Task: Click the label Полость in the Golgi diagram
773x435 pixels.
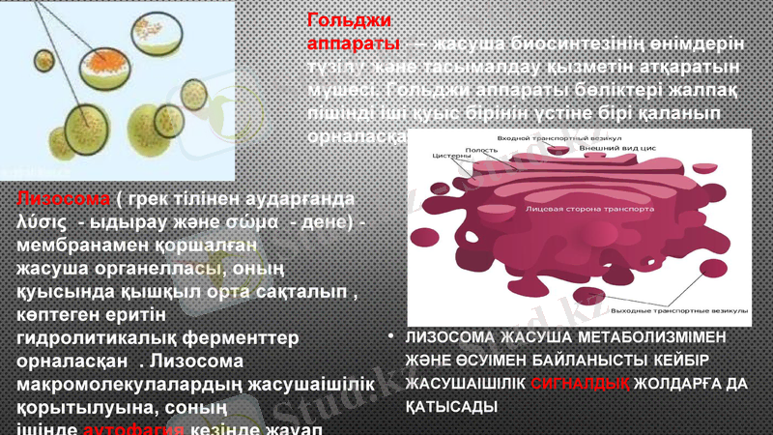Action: point(481,150)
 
